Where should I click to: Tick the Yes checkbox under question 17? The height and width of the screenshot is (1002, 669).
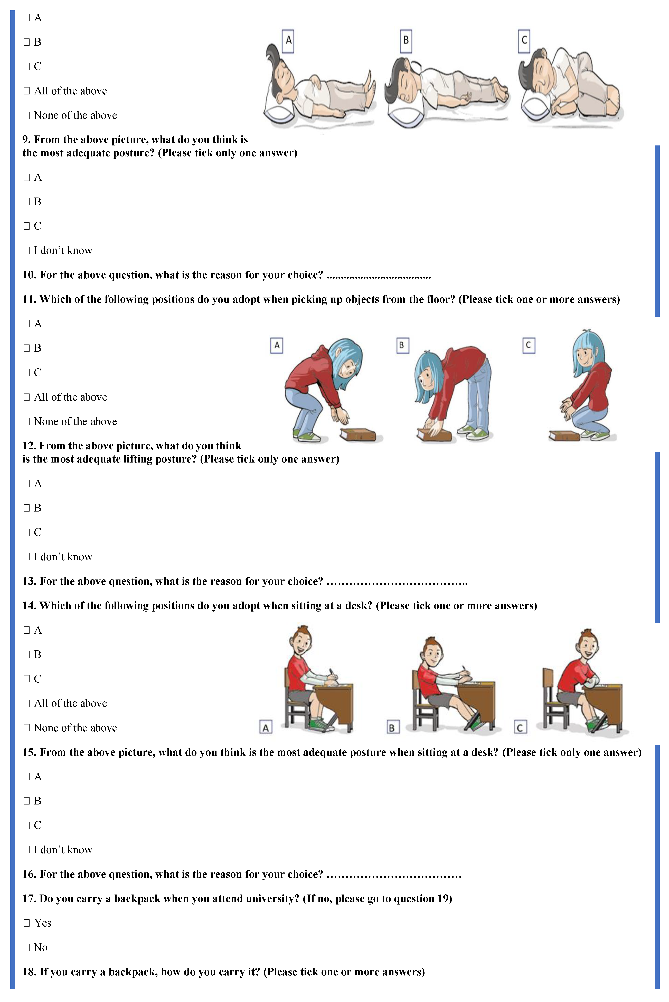point(26,923)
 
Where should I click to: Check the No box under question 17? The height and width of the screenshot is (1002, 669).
point(26,947)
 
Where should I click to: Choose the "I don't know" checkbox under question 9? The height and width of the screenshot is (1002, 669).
point(26,251)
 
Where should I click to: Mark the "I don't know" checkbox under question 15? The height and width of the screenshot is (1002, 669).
point(26,850)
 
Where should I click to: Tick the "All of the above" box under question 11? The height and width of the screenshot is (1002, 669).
point(26,397)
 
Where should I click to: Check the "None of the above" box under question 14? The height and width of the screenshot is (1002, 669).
point(26,728)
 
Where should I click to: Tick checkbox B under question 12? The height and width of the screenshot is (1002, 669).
point(26,508)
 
